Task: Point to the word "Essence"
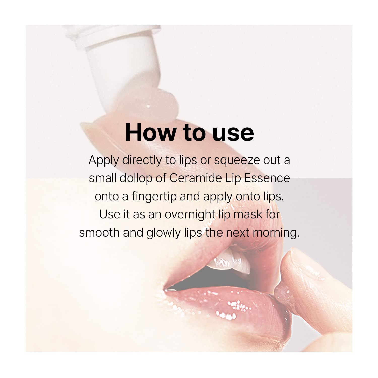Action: coord(267,178)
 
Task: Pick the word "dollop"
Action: coord(136,178)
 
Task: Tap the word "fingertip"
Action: coord(154,197)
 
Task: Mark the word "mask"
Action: coord(248,215)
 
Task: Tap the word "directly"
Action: coord(142,160)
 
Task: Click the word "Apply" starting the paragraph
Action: coord(104,161)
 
